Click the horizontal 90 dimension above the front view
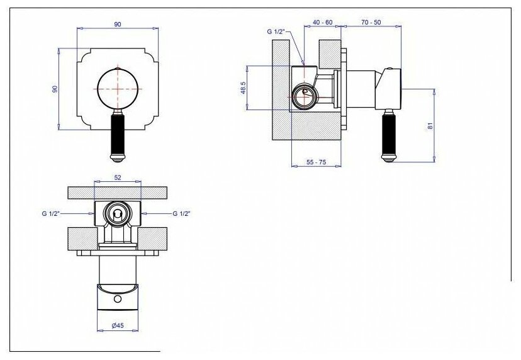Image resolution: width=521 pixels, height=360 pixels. (117, 24)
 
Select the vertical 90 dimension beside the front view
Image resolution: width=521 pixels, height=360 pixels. (55, 89)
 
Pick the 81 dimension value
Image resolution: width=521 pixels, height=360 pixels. (430, 125)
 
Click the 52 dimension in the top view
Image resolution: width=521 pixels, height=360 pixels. (117, 177)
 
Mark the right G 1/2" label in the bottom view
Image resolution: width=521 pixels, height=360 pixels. (181, 214)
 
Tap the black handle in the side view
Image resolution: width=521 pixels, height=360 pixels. (386, 133)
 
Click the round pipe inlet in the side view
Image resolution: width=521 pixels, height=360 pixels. (303, 96)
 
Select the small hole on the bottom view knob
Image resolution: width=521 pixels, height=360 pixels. (117, 298)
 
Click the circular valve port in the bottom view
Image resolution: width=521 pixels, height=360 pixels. (116, 214)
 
